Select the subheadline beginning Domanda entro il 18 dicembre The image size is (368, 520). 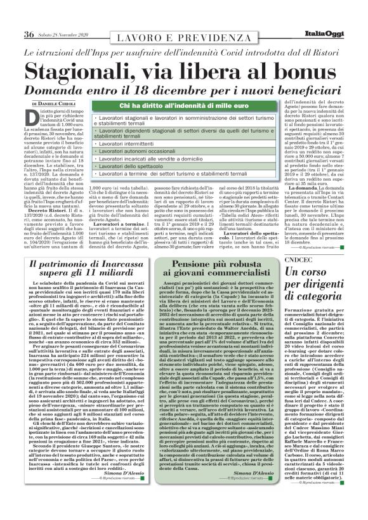pyautogui.click(x=184, y=88)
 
